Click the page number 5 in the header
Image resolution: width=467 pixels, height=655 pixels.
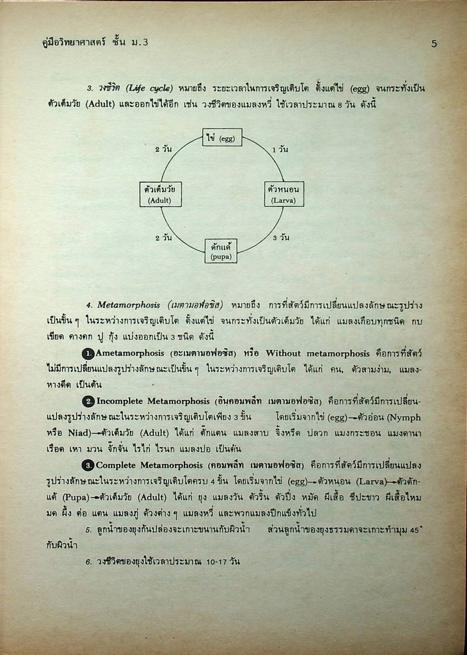point(434,44)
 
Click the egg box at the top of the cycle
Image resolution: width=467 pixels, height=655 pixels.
point(221,138)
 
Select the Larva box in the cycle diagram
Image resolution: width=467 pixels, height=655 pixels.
point(284,194)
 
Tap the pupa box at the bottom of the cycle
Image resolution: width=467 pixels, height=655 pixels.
point(221,251)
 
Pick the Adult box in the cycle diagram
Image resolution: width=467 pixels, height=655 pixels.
point(160,194)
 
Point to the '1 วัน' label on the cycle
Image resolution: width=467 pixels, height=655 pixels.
point(280,150)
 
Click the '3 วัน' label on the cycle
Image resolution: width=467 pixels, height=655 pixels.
point(281,238)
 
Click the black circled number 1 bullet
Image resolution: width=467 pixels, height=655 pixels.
point(88,354)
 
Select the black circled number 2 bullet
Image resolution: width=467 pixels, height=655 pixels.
point(89,401)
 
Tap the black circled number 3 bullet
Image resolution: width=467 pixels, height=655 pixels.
point(88,465)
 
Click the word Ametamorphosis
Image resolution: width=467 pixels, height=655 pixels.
point(130,353)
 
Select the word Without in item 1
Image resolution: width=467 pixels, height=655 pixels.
point(284,353)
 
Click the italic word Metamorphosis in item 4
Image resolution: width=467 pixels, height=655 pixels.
point(129,305)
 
